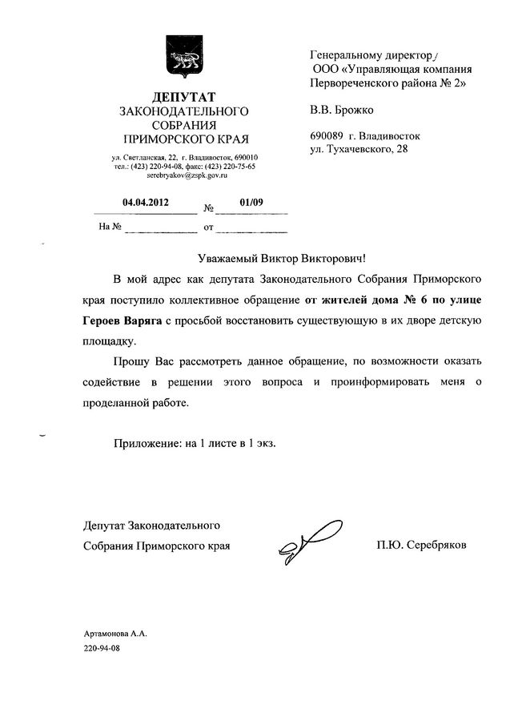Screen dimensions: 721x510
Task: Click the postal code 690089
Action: click(327, 136)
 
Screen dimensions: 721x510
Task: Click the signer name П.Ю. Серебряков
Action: click(420, 545)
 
